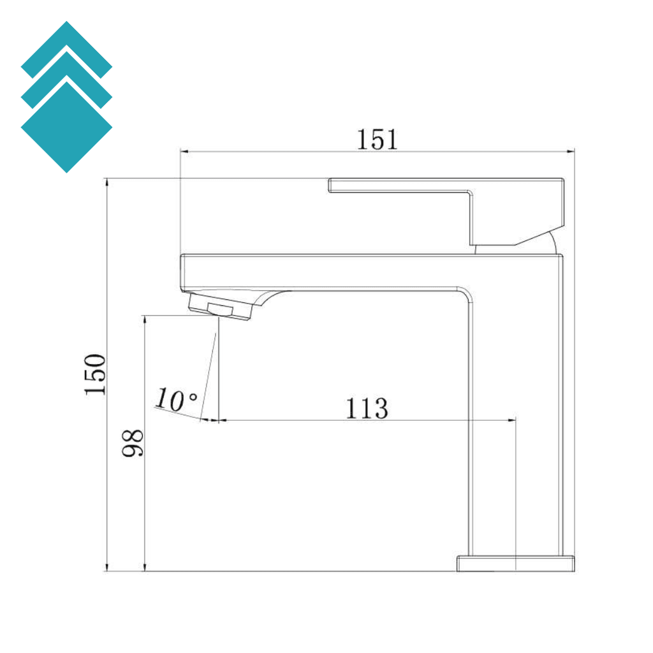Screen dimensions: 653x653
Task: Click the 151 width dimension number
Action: [376, 139]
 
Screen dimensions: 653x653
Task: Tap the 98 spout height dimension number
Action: [133, 443]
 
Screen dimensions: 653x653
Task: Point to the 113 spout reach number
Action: [367, 408]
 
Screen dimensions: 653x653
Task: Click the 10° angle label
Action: [176, 400]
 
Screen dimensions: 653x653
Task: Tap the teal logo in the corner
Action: [66, 97]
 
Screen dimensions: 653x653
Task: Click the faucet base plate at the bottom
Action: [516, 563]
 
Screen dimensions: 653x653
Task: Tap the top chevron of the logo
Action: [66, 45]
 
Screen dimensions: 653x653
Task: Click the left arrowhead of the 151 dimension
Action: [185, 151]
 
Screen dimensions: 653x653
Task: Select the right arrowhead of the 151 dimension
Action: [571, 151]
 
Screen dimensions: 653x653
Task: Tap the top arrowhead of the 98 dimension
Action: [145, 319]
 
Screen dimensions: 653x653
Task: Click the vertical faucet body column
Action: [517, 415]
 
